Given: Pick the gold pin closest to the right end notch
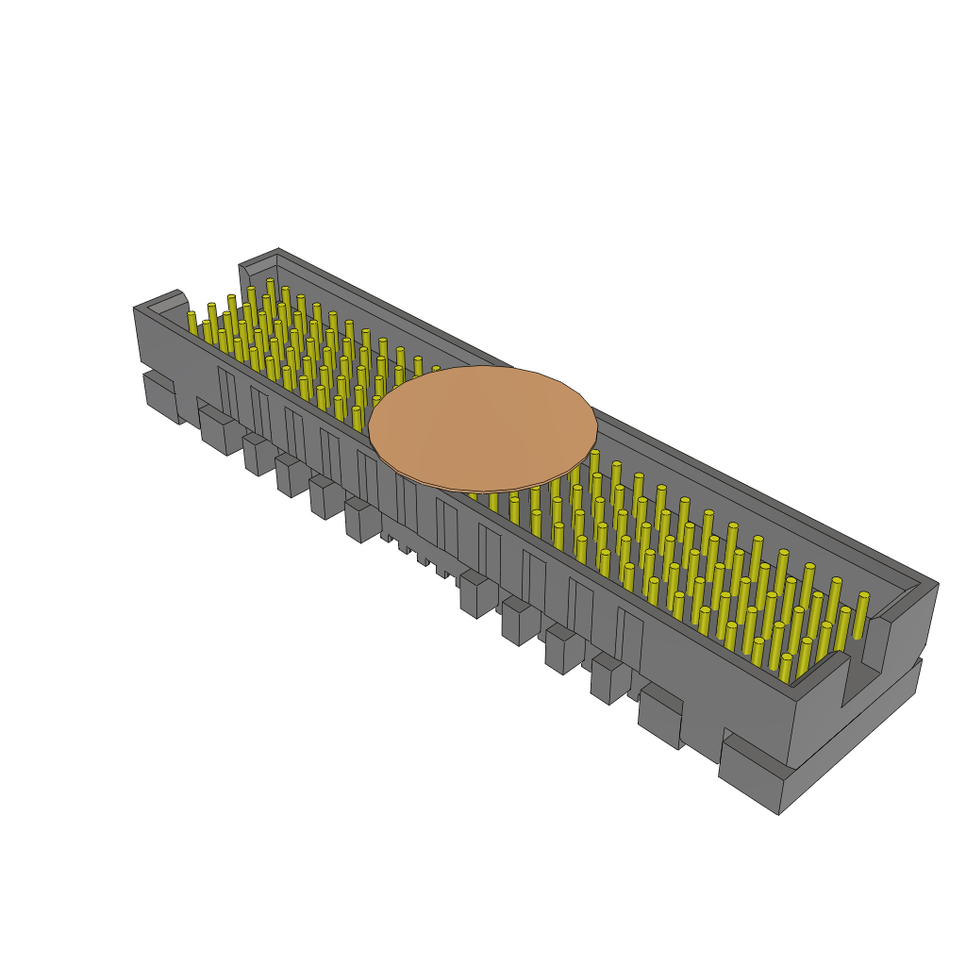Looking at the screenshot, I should point(861,613).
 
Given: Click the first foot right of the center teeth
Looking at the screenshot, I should point(477,594).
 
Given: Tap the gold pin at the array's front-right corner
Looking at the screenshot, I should point(786,666).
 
